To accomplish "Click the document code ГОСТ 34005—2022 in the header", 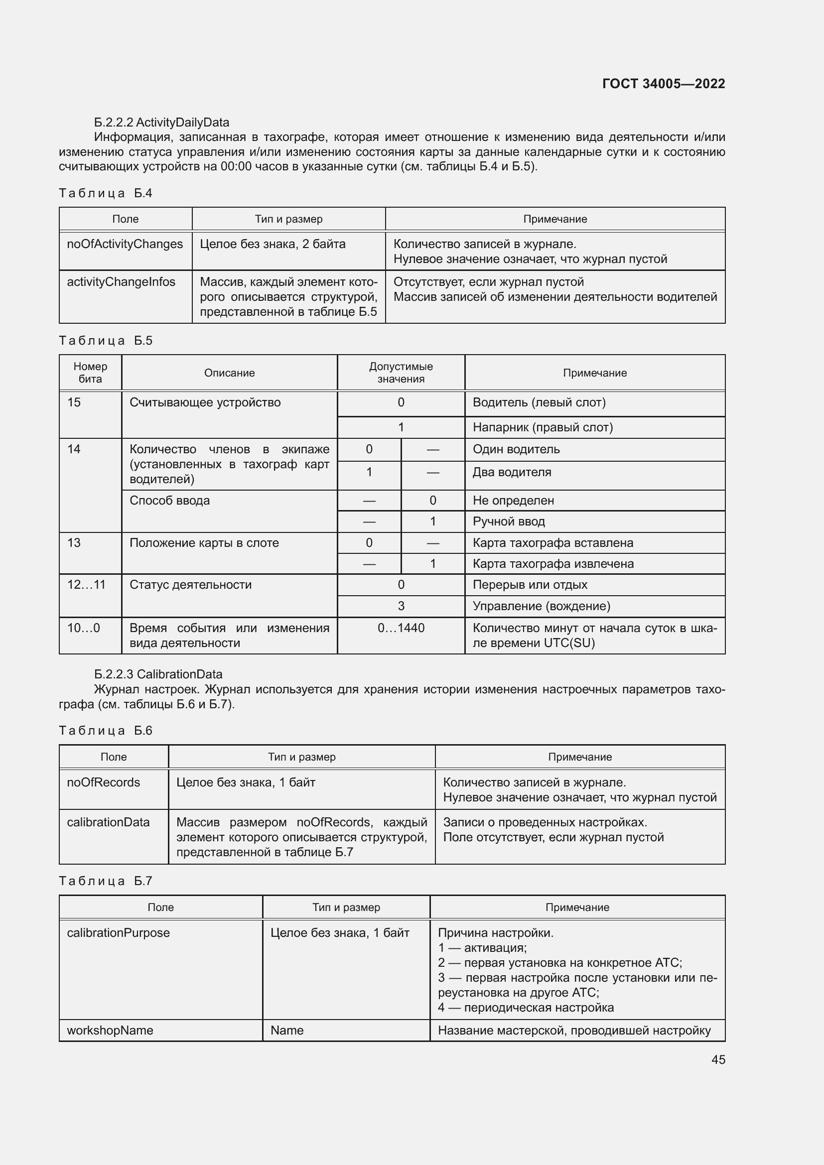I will point(663,84).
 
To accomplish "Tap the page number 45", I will point(718,1059).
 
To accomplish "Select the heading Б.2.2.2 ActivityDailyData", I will point(161,123).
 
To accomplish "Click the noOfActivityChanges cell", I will point(125,244).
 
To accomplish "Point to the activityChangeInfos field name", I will point(121,282).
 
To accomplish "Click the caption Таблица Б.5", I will point(106,341).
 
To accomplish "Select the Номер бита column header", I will point(90,373).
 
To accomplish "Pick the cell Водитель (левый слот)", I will point(539,402).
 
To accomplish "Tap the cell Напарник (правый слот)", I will point(543,427).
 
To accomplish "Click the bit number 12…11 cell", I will point(86,585).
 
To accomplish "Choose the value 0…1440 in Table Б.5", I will point(401,628).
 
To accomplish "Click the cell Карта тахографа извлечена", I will point(553,564).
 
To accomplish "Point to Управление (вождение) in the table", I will point(541,606).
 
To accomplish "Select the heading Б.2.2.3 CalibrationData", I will point(158,674).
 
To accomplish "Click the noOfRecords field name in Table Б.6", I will point(104,782).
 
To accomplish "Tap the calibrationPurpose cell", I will point(118,932).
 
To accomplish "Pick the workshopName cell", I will point(110,1030).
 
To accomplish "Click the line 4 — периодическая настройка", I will point(526,1007).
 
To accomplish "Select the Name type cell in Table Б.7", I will point(287,1030).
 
